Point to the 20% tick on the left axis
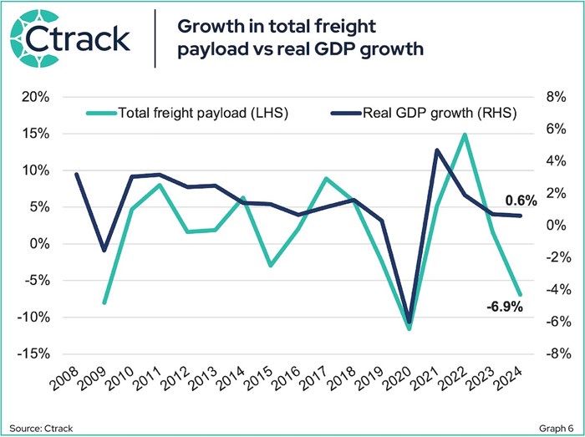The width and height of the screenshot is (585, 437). [x=36, y=97]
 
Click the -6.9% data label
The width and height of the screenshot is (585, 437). [x=504, y=307]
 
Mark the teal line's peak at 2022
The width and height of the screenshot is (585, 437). [x=465, y=135]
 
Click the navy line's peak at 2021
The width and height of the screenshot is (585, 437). [x=437, y=150]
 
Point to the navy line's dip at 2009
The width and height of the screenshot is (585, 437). [x=104, y=251]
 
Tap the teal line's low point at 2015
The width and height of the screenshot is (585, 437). [x=271, y=266]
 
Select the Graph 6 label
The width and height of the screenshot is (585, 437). [x=552, y=426]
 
